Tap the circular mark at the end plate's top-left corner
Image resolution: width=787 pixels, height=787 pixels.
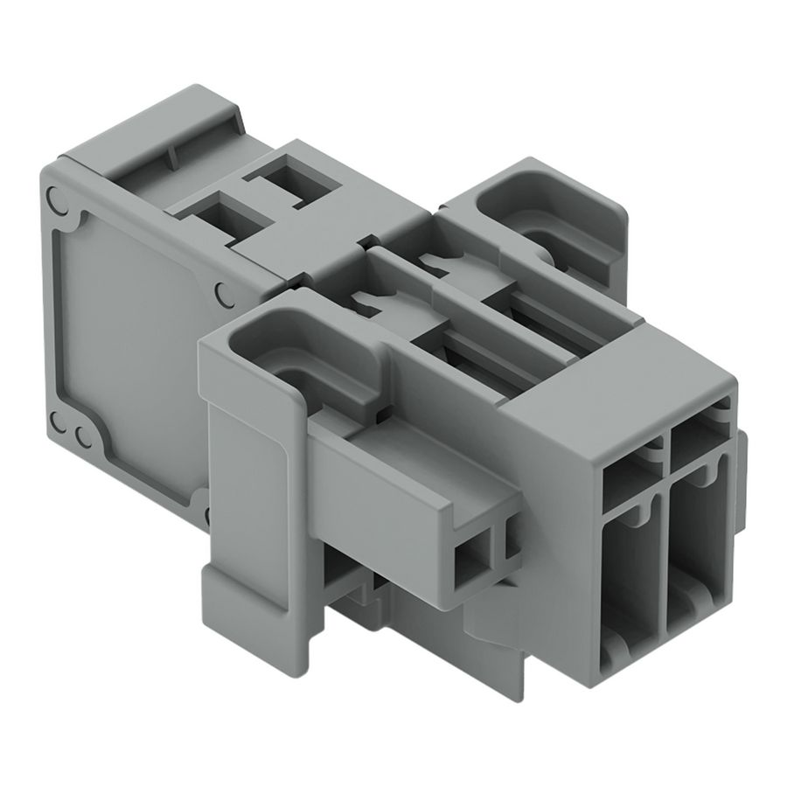pos(56,199)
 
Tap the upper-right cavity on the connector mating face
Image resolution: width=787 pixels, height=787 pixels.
pos(695,442)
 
